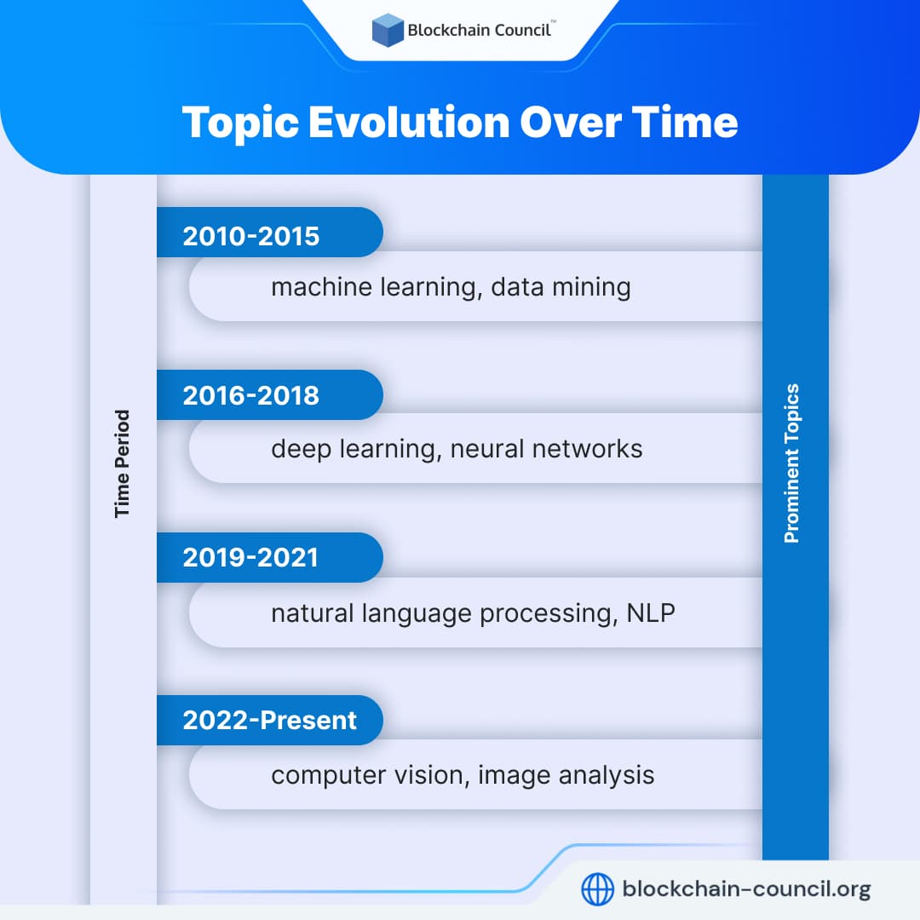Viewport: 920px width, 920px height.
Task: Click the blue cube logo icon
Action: pos(388,30)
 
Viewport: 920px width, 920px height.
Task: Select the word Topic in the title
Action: pos(239,122)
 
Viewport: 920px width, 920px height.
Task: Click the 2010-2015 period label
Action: pos(251,236)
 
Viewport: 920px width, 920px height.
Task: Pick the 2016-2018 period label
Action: pos(251,395)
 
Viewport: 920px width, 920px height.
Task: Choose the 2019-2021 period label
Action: pos(250,558)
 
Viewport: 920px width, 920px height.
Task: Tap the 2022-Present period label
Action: pos(270,721)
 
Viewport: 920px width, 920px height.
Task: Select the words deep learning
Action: pos(353,449)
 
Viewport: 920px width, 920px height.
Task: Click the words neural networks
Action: pos(547,449)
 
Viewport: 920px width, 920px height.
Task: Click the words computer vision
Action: pos(368,775)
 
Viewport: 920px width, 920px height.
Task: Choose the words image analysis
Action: pos(566,775)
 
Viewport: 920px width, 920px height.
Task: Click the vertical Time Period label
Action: pos(123,463)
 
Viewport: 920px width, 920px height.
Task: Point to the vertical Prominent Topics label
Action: pos(792,463)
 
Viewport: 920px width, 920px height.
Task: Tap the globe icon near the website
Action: pos(597,890)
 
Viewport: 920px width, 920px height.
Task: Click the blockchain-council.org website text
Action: pos(747,890)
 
